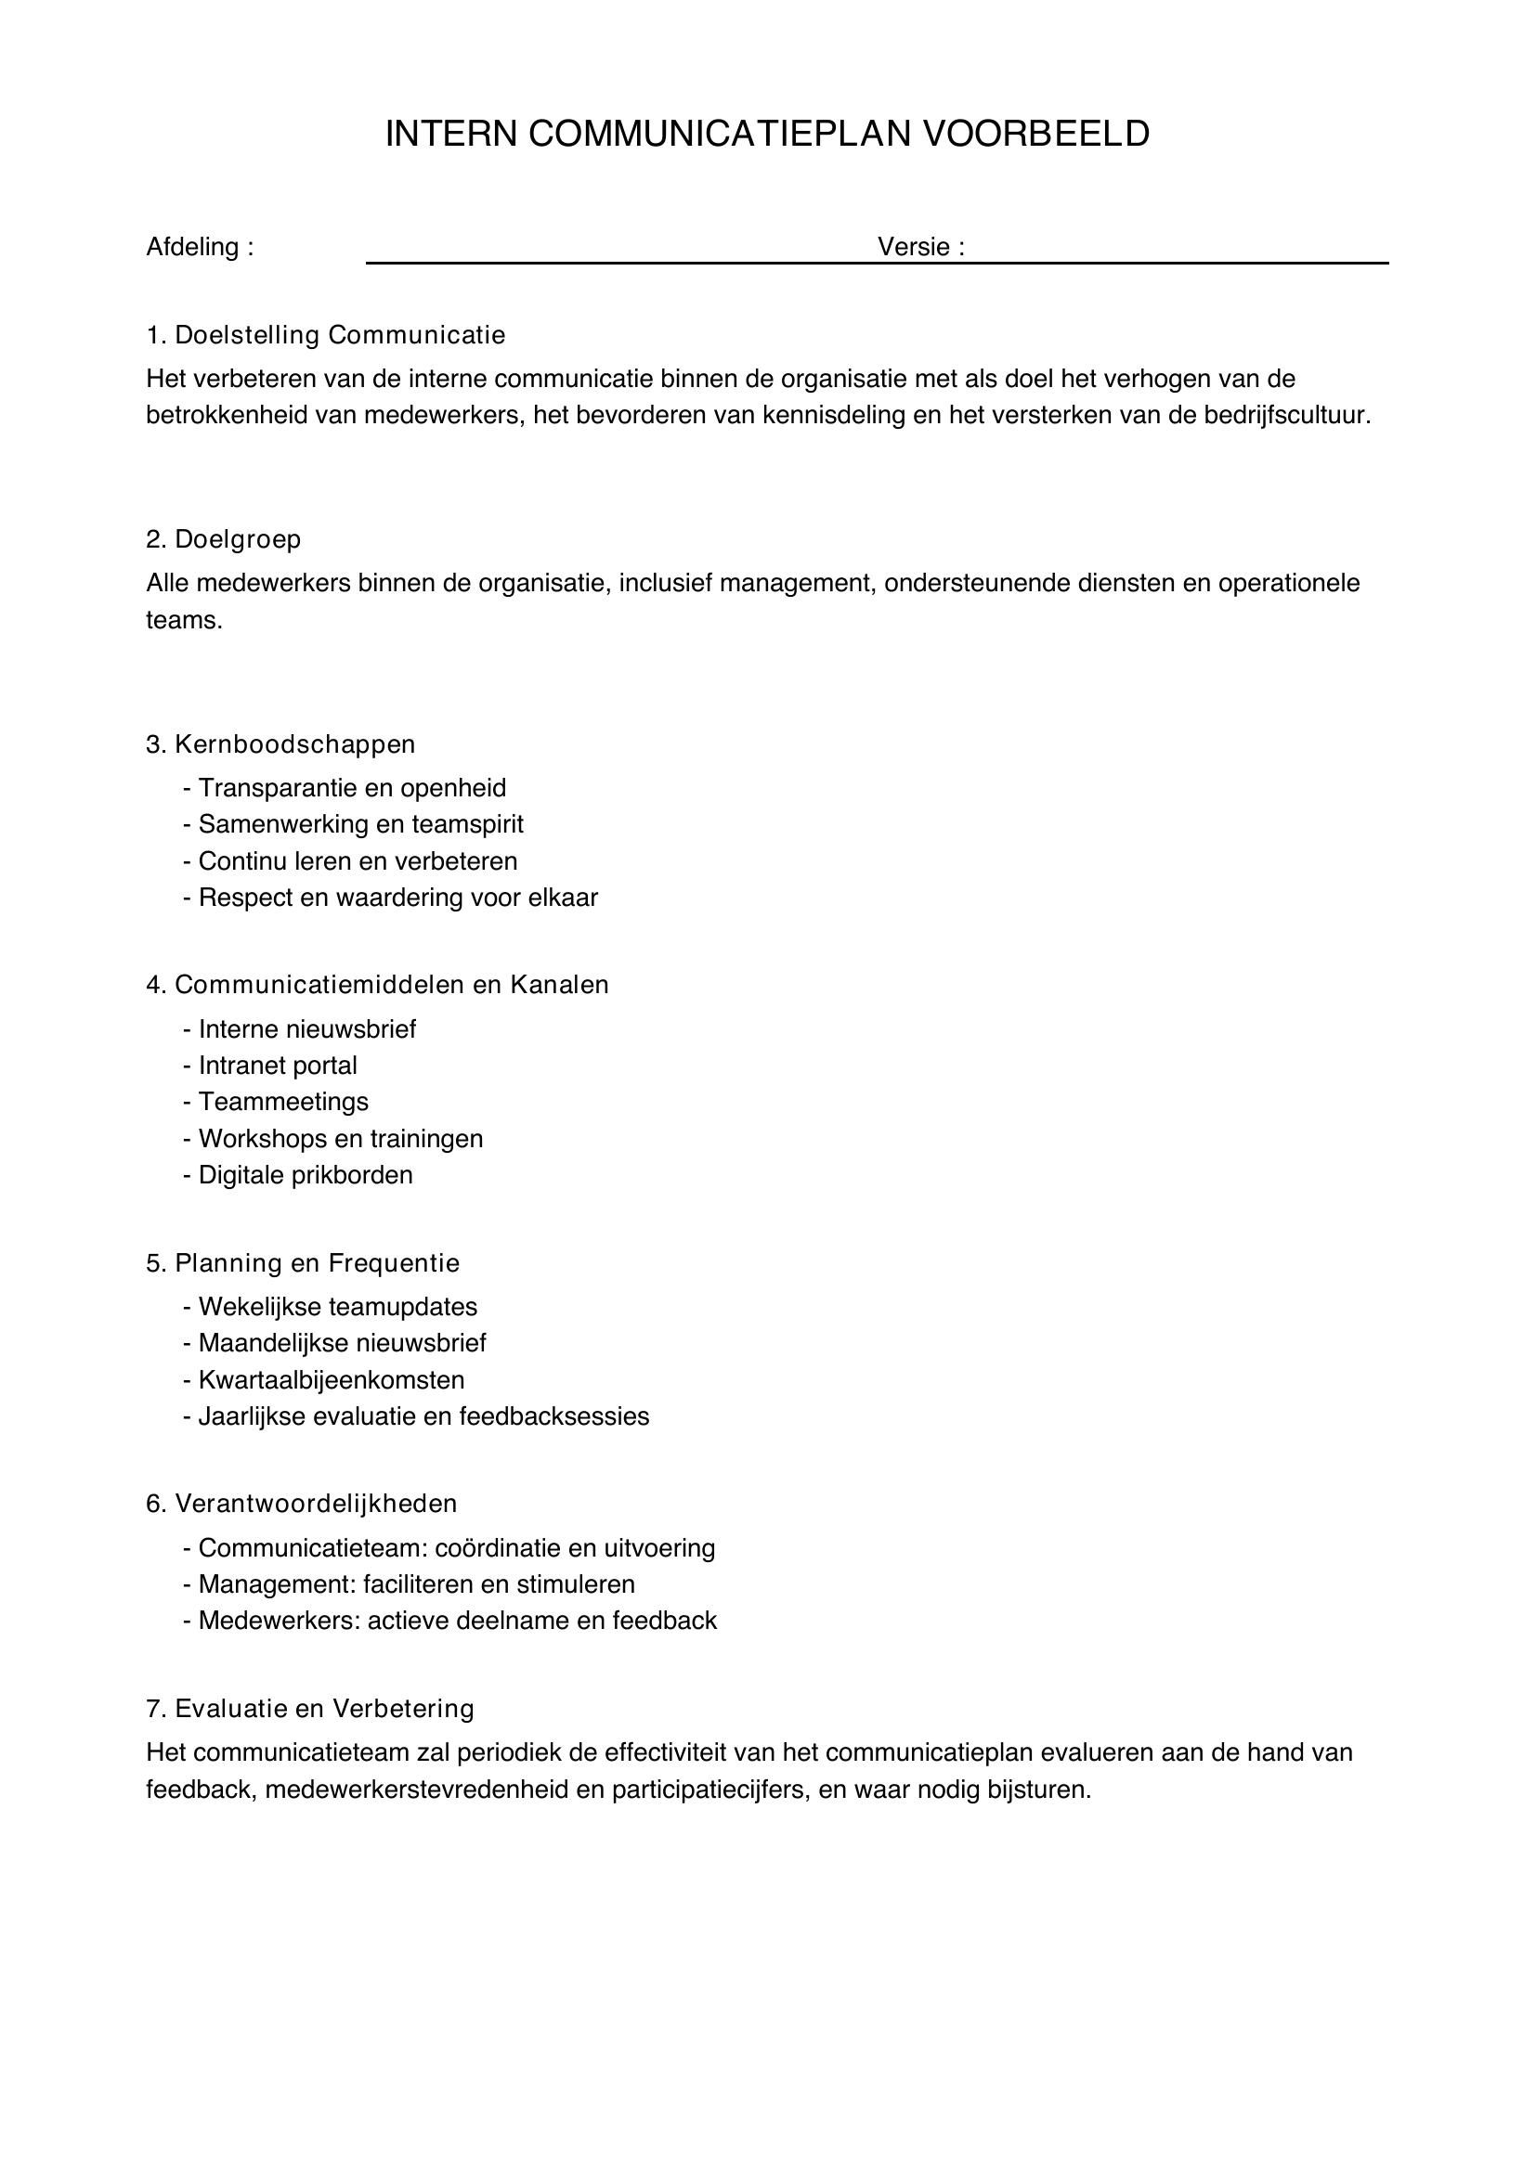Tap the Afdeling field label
(x=200, y=247)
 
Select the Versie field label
(x=920, y=247)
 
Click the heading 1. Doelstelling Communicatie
(x=325, y=335)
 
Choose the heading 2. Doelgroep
(x=223, y=539)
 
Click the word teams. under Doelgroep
(x=184, y=621)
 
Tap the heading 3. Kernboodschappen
(x=280, y=744)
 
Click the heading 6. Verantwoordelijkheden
(x=301, y=1504)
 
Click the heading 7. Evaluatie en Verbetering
(x=310, y=1709)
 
